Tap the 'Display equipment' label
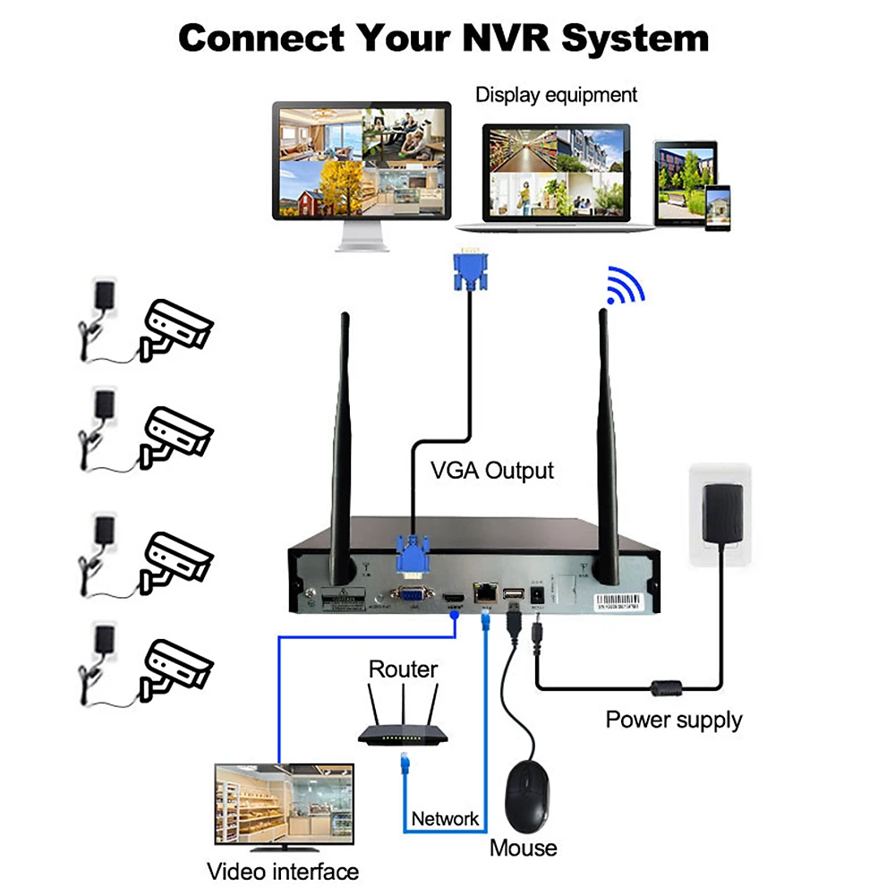[556, 95]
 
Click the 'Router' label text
[404, 669]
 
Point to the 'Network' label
[445, 818]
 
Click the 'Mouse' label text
[524, 848]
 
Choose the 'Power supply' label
[674, 720]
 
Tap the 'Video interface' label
[283, 871]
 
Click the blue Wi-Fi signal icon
[625, 285]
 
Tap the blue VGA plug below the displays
[471, 269]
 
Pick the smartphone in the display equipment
[716, 208]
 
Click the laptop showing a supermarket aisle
[555, 175]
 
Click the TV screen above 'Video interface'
[284, 803]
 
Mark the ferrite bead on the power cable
[665, 689]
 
